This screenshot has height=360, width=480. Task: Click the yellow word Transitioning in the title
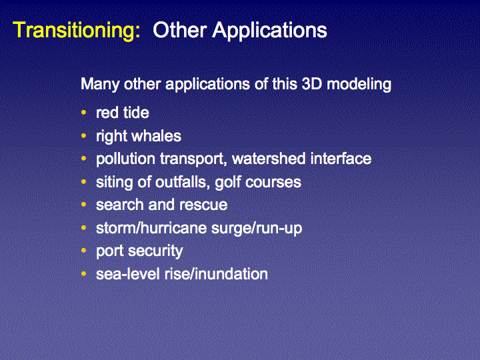pyautogui.click(x=77, y=31)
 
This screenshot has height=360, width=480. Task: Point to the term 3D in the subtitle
pyautogui.click(x=312, y=84)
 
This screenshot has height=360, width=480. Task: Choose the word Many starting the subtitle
pyautogui.click(x=100, y=85)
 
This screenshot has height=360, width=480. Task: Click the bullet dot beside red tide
pyautogui.click(x=84, y=113)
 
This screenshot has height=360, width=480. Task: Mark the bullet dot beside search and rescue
pyautogui.click(x=84, y=205)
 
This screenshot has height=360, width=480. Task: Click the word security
pyautogui.click(x=155, y=251)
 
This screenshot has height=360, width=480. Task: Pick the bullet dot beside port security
pyautogui.click(x=84, y=251)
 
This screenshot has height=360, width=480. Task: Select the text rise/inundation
pyautogui.click(x=216, y=274)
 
